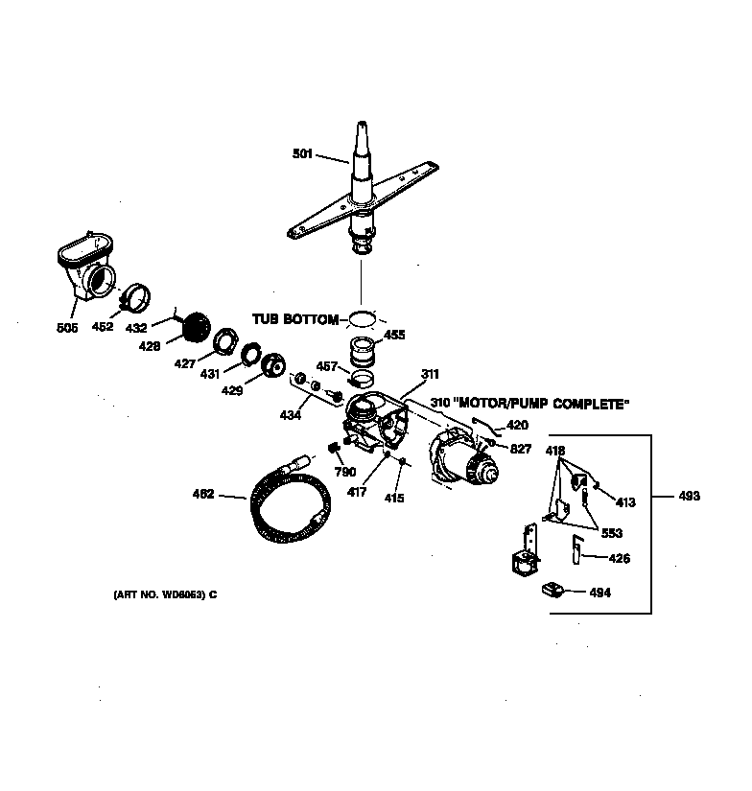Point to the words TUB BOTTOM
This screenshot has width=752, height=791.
296,318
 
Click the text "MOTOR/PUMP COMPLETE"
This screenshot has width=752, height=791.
544,405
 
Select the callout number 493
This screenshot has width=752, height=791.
688,496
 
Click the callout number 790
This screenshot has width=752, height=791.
344,472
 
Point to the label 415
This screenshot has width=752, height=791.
394,498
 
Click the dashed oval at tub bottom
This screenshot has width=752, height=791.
362,317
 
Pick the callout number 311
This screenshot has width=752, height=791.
429,375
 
